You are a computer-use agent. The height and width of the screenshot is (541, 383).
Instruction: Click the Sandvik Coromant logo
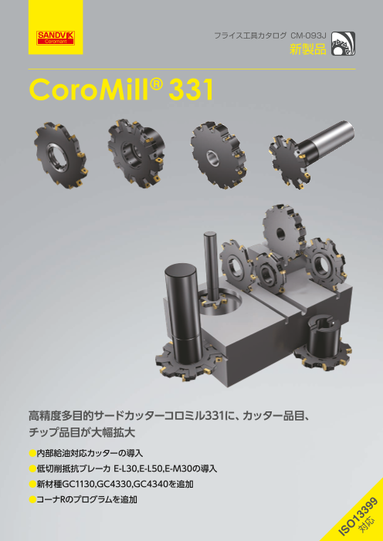point(56,38)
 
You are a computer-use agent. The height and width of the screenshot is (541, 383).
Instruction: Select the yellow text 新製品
point(307,49)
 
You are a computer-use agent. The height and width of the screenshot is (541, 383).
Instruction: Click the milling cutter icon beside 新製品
point(343,43)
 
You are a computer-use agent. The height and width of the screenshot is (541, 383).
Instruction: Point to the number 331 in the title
point(190,90)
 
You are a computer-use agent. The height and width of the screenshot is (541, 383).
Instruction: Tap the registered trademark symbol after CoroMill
point(158,84)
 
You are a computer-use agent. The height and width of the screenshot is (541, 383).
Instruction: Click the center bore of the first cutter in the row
point(58,153)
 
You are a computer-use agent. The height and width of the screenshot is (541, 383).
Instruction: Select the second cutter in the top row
point(136,153)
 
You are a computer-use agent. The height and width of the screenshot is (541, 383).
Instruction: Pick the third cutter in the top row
point(219,154)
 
